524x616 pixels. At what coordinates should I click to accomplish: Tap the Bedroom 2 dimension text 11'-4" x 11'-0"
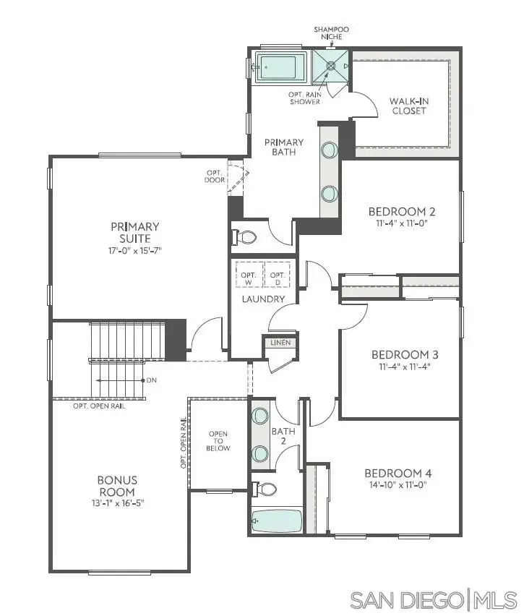point(402,224)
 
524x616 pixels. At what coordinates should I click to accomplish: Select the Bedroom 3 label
point(405,354)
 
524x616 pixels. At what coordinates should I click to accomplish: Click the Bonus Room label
point(117,486)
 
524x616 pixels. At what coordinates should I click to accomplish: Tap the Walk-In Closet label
point(408,106)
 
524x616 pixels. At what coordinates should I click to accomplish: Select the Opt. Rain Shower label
point(305,98)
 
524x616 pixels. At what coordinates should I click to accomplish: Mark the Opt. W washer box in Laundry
point(249,275)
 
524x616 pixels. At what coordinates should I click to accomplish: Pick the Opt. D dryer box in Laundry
point(277,275)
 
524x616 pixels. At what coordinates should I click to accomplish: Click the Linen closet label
point(280,343)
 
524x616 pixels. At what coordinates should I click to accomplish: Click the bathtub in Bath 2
point(277,519)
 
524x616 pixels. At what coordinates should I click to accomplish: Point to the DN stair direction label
point(150,380)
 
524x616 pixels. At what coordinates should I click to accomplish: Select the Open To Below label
point(218,441)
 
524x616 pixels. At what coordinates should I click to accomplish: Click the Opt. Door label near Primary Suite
point(215,176)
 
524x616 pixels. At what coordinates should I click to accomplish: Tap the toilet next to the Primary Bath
point(245,237)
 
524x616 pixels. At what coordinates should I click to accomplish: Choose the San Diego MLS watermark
point(434,599)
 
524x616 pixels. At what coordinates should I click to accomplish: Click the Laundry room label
point(263,299)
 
